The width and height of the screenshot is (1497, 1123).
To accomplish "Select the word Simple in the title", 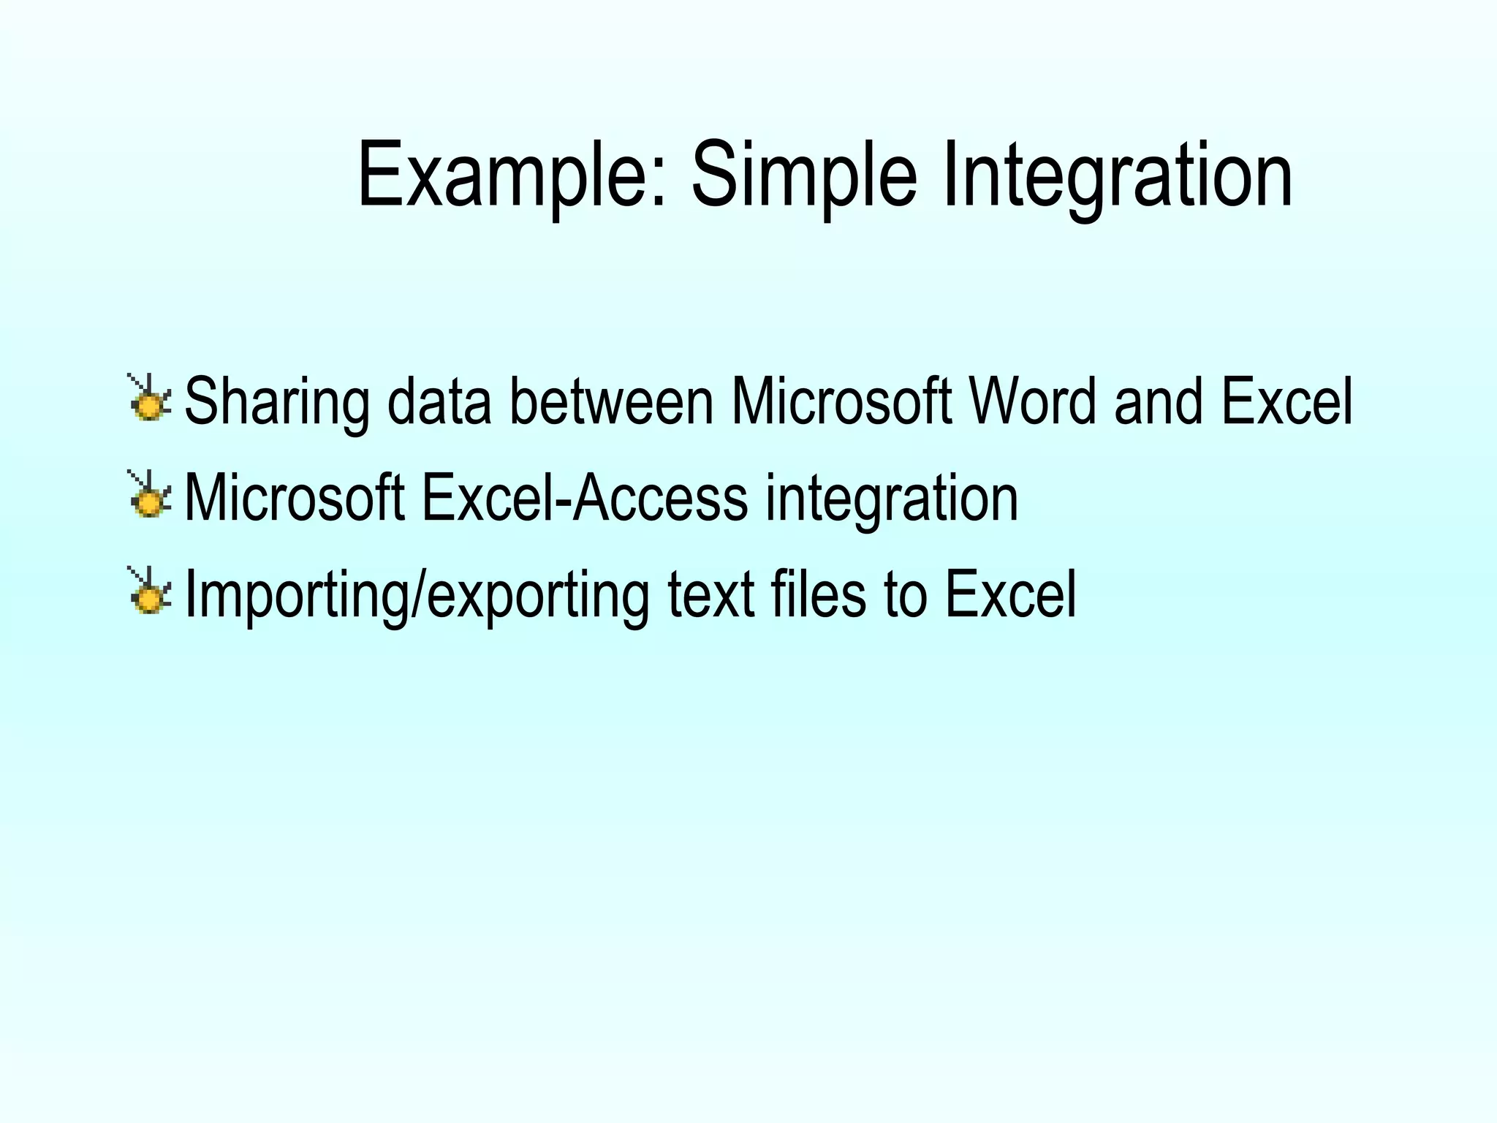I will [803, 175].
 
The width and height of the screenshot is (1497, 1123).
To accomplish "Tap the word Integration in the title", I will [1118, 175].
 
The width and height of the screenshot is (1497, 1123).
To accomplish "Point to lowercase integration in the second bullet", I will [891, 499].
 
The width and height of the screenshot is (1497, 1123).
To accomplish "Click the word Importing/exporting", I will [417, 594].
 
